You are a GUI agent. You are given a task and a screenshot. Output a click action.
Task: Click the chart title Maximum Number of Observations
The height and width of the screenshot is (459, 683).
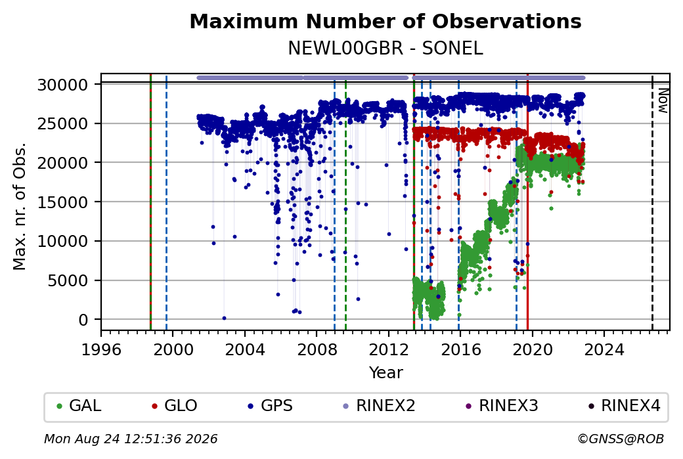pyautogui.click(x=386, y=21)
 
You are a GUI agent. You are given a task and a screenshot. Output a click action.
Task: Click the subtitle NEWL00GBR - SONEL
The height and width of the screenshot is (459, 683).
pyautogui.click(x=386, y=48)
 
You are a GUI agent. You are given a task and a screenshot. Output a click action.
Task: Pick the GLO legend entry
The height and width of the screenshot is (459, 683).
pyautogui.click(x=174, y=406)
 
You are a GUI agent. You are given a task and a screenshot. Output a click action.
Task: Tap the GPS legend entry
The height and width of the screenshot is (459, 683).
pyautogui.click(x=270, y=406)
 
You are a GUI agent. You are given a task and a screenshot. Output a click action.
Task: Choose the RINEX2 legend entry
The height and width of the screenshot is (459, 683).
pyautogui.click(x=380, y=406)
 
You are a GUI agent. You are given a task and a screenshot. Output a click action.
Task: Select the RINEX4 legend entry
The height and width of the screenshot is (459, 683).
pyautogui.click(x=625, y=406)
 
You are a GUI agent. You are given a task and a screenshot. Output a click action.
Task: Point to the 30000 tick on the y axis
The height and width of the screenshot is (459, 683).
pyautogui.click(x=63, y=85)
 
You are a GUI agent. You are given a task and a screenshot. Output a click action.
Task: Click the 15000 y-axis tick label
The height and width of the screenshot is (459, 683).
pyautogui.click(x=63, y=202)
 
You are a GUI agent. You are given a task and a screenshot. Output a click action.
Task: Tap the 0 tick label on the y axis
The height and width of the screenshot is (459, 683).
pyautogui.click(x=83, y=320)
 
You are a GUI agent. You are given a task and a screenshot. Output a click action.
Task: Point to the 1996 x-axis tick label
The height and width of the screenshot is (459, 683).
pyautogui.click(x=101, y=350)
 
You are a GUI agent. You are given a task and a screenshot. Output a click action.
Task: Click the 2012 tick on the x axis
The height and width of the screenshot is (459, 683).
pyautogui.click(x=388, y=350)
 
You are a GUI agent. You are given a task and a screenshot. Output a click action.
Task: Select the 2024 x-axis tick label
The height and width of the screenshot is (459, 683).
pyautogui.click(x=604, y=350)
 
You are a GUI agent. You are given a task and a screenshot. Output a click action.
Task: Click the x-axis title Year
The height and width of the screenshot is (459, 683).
pyautogui.click(x=386, y=373)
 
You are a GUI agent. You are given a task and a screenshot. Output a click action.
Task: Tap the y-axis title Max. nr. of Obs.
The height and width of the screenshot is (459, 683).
pyautogui.click(x=20, y=206)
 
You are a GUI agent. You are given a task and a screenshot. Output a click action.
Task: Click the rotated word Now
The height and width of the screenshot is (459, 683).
pyautogui.click(x=663, y=100)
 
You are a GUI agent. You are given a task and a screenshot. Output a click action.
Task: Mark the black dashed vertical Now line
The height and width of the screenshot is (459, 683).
pyautogui.click(x=652, y=202)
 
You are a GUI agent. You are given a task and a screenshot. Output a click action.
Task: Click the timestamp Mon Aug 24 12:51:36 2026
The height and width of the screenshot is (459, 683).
pyautogui.click(x=131, y=439)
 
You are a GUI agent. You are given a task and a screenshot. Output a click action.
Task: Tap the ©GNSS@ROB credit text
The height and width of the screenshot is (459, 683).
pyautogui.click(x=621, y=439)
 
